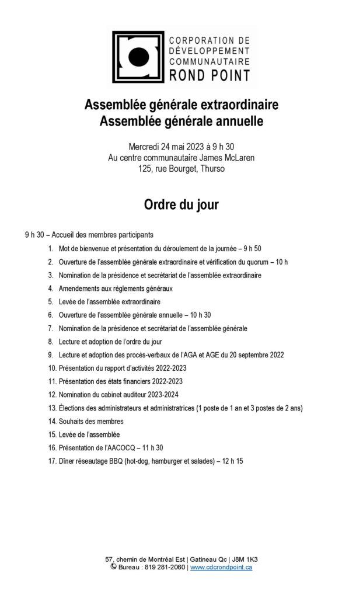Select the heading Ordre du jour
[x=181, y=206]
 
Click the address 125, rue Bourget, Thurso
[x=181, y=169]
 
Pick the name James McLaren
[x=229, y=158]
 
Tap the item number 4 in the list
[x=51, y=288]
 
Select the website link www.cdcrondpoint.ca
[x=221, y=567]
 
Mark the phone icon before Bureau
[x=113, y=566]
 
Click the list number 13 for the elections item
[x=52, y=408]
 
